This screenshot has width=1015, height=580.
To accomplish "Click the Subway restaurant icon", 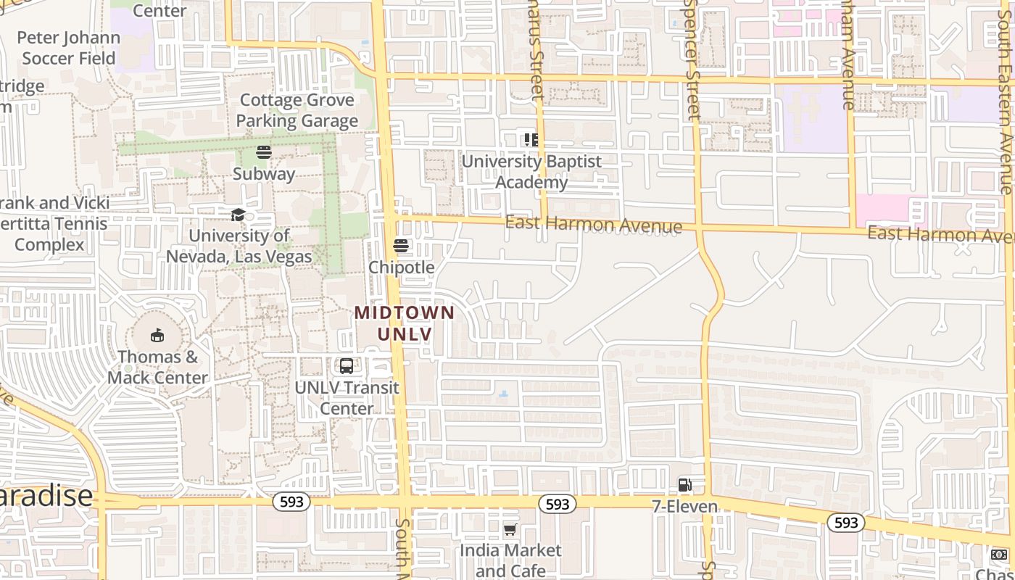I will (264, 152).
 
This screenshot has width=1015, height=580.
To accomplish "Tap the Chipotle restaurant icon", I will (401, 246).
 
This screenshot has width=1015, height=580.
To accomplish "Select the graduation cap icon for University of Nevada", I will (238, 215).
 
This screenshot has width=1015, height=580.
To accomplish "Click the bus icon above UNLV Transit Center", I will (347, 366).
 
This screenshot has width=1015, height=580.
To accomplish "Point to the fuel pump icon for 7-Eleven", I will (684, 485).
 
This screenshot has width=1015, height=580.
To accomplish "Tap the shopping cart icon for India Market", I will (510, 530).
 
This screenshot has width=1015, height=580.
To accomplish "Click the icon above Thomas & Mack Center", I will (157, 335).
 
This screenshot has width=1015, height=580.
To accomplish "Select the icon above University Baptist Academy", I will (531, 139).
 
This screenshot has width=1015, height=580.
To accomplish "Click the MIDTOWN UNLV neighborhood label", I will (405, 323).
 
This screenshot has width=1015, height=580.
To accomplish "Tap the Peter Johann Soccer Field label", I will (68, 48).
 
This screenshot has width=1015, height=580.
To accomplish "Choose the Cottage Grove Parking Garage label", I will (297, 110).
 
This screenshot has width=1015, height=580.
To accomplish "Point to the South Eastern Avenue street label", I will (1005, 101).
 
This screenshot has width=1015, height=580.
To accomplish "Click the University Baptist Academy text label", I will (531, 172).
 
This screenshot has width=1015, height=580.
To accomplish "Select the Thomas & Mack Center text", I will (157, 367).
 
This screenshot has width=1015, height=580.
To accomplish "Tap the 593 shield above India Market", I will (557, 504).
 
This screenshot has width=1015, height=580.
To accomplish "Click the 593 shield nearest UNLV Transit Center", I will (291, 502).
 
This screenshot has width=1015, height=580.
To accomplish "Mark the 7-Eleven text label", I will (684, 506).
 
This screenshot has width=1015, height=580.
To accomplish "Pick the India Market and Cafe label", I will (510, 560).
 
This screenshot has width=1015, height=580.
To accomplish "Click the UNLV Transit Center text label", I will (347, 398).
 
